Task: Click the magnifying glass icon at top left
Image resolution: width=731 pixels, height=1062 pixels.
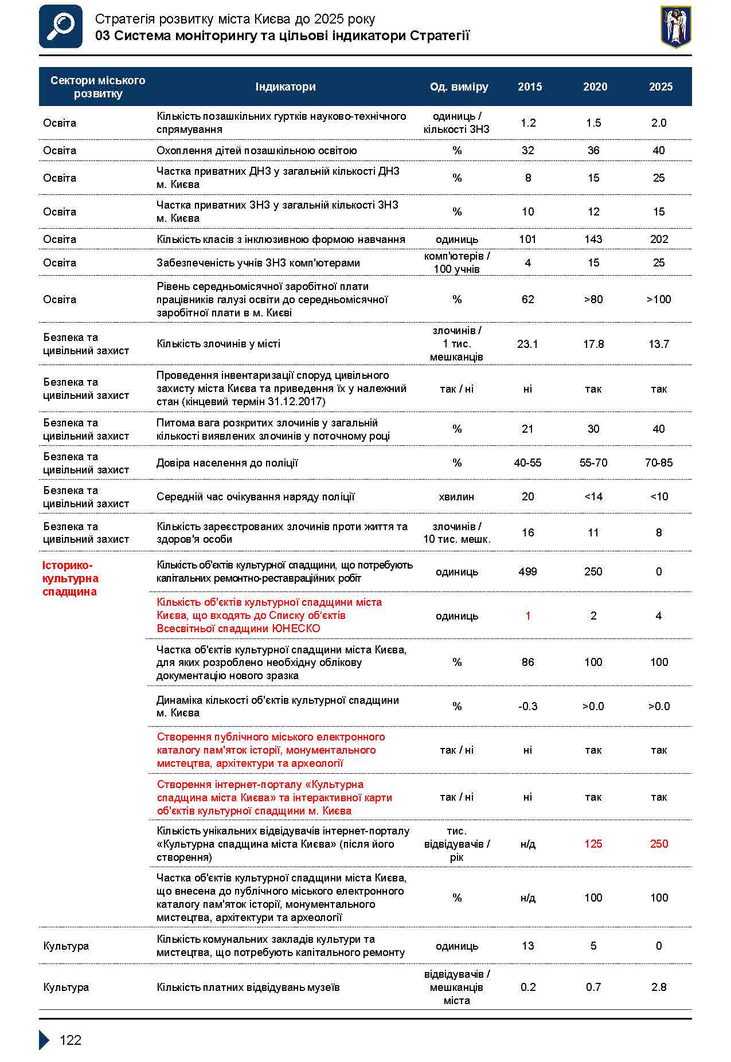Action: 61,26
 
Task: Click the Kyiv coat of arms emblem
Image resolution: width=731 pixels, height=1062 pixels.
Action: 676,26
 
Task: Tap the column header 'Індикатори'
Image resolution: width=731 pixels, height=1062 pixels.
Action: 286,87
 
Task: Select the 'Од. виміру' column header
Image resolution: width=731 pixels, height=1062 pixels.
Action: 459,87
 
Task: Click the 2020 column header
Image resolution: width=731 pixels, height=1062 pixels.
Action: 595,87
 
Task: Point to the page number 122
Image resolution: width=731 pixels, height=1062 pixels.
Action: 71,1040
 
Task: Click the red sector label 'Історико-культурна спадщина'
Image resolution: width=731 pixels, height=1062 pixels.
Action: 71,578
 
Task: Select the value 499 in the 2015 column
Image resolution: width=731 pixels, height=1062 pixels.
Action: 527,571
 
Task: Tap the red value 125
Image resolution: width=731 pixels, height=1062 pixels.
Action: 593,844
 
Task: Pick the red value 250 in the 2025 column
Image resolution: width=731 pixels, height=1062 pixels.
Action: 659,844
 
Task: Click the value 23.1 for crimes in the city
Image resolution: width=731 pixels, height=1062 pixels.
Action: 527,344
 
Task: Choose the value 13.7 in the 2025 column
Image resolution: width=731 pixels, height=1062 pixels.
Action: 659,344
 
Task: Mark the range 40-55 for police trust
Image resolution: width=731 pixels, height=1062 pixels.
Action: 527,463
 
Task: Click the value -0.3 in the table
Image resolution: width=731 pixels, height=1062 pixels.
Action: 527,706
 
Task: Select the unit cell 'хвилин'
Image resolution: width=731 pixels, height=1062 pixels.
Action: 456,496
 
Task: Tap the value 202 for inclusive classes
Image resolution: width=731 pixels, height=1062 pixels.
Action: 659,239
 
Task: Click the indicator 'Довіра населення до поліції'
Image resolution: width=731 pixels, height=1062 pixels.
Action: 227,463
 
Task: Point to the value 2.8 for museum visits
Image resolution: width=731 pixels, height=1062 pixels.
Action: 659,987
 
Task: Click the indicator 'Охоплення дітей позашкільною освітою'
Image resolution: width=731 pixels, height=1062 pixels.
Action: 256,150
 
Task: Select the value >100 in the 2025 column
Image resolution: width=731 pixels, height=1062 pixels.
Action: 659,299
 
